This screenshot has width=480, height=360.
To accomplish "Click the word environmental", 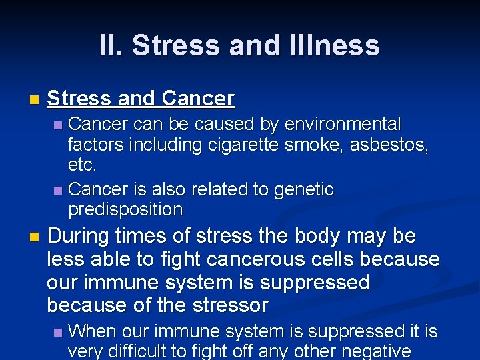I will click(x=343, y=125).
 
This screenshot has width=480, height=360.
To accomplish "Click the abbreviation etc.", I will click(x=83, y=164).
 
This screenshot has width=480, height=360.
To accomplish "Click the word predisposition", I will click(x=125, y=209).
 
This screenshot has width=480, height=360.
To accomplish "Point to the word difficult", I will click(x=149, y=351).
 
